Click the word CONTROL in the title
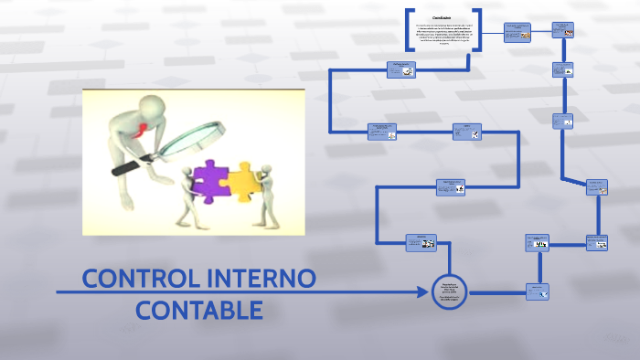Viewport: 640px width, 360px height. pyautogui.click(x=133, y=278)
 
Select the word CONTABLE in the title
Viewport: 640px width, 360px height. pyautogui.click(x=199, y=310)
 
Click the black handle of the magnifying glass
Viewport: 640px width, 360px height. pyautogui.click(x=127, y=168)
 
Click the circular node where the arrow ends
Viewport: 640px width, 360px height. pyautogui.click(x=450, y=292)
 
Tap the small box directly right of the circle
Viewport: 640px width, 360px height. pyautogui.click(x=538, y=291)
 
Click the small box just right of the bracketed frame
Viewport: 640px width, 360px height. pyautogui.click(x=517, y=32)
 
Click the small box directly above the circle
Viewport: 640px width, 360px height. pyautogui.click(x=421, y=242)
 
